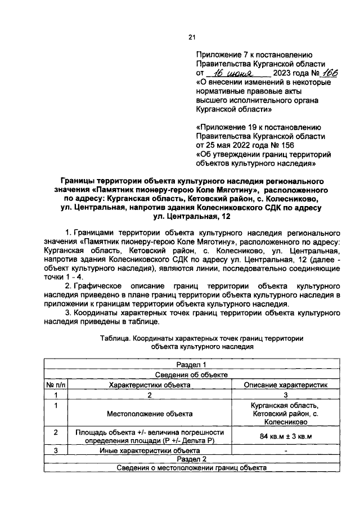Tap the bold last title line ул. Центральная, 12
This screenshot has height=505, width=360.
coord(191,217)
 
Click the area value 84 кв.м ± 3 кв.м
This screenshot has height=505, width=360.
coord(286,436)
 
